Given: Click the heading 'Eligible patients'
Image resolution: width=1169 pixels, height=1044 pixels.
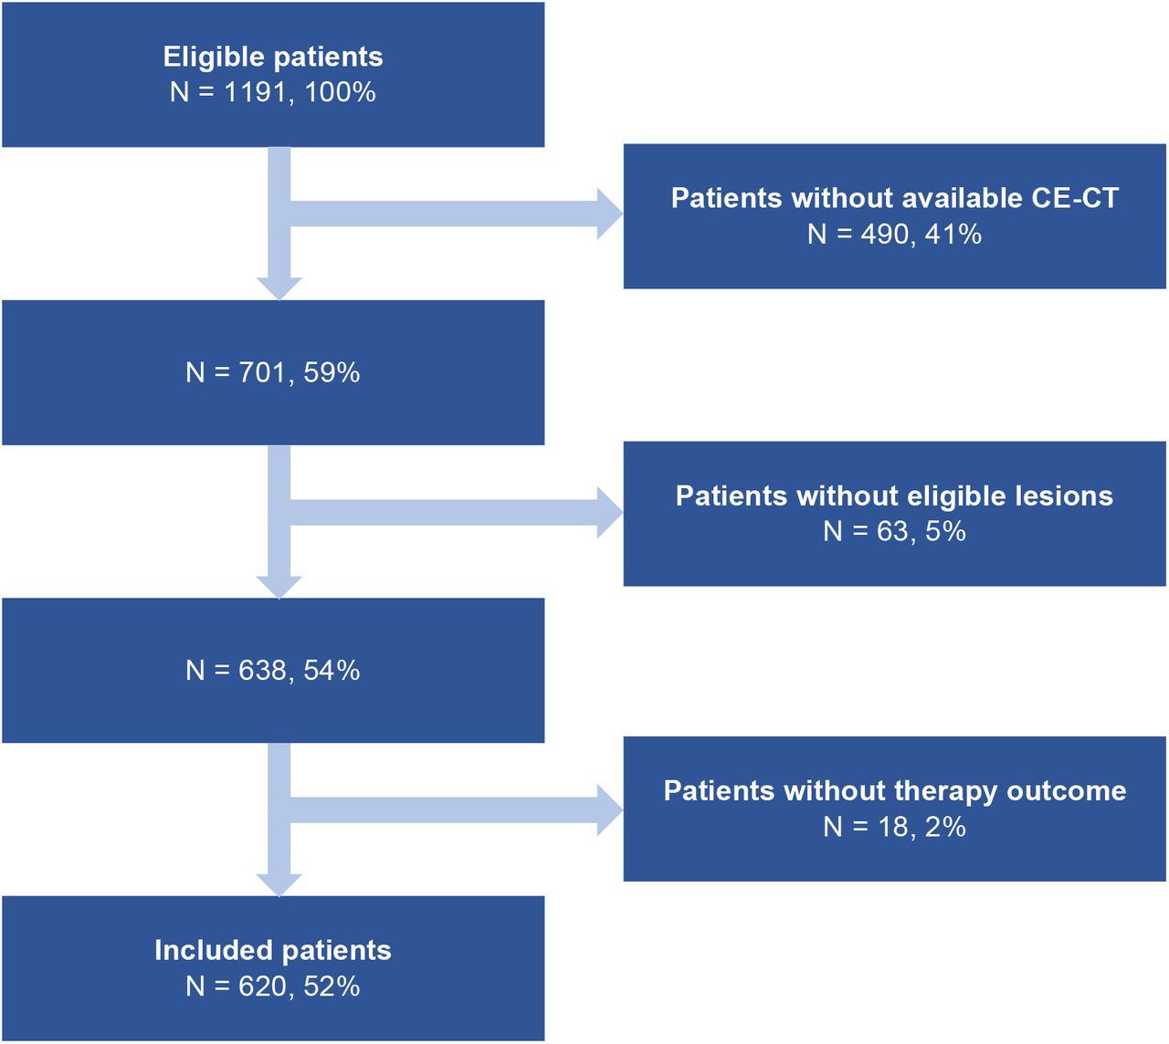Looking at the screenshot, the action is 273,57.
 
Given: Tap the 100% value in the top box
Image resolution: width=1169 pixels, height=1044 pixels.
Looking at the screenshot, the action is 341,93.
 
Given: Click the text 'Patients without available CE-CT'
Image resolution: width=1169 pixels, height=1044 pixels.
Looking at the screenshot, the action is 894,198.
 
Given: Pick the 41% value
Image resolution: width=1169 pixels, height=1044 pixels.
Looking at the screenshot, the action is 953,235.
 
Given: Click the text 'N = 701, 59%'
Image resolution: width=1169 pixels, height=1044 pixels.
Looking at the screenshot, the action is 273,373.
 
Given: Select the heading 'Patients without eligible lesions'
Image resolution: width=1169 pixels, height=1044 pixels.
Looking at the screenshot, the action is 894,496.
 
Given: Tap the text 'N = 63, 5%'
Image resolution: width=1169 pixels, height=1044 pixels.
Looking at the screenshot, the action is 894,531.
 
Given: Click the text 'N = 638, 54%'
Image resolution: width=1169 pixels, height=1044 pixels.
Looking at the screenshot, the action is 273,671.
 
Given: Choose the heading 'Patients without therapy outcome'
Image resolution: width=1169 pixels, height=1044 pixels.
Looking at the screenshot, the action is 894,791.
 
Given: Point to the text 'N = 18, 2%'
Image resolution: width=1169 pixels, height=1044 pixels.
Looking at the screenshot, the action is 894,827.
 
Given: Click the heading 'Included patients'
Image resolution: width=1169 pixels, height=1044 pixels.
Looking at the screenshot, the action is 273,951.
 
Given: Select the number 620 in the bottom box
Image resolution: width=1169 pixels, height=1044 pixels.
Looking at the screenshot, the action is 263,987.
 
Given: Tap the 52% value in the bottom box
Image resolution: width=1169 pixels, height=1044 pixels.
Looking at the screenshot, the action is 332,987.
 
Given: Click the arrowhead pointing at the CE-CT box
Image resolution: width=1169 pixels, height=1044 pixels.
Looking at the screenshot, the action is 610,214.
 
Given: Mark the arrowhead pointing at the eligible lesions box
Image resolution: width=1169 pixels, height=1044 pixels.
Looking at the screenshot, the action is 610,513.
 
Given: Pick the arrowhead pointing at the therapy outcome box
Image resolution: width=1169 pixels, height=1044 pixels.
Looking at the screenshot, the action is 610,810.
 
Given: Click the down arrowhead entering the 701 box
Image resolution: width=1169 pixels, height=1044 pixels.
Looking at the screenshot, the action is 279,288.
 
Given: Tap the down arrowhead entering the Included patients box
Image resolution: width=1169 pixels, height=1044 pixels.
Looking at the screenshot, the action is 279,885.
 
